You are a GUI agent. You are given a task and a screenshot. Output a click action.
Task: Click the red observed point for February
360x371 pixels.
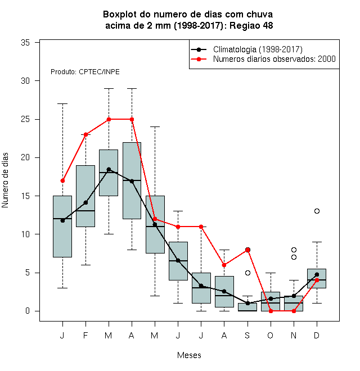click(85, 135)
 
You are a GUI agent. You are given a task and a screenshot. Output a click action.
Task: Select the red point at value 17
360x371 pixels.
click(62, 181)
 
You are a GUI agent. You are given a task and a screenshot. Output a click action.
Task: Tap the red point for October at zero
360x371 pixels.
click(271, 311)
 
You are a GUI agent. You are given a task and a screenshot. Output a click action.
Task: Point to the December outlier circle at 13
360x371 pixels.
click(317, 211)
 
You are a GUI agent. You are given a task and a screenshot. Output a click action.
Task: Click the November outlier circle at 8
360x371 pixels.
click(294, 250)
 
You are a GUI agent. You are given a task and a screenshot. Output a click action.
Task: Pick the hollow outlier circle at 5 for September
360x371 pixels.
click(247, 273)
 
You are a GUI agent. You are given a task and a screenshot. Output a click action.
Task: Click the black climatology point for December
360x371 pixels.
click(317, 274)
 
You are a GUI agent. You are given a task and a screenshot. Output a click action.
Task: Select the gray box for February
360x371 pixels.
click(85, 196)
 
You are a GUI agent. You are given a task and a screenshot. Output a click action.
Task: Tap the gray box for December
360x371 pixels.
click(317, 278)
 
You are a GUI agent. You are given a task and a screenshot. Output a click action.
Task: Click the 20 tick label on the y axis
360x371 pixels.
click(25, 157)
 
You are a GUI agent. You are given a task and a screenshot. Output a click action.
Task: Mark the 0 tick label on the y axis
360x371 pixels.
click(28, 311)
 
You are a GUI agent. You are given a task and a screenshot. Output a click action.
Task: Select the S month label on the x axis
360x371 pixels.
click(247, 335)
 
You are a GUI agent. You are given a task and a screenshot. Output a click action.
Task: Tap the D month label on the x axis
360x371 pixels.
click(317, 335)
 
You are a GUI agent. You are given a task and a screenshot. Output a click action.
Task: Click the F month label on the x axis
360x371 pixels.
click(85, 335)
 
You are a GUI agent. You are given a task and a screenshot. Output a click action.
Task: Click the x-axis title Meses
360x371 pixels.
click(189, 355)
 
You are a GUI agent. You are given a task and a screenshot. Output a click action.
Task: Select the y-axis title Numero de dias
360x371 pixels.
click(5, 180)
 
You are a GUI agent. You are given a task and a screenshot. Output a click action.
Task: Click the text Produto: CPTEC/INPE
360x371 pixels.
click(85, 72)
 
